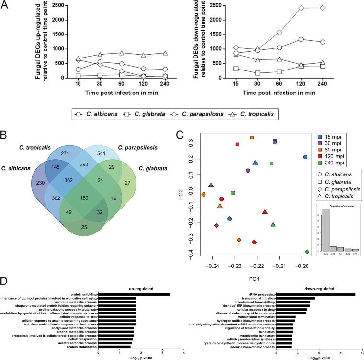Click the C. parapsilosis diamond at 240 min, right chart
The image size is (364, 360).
[x=323, y=8]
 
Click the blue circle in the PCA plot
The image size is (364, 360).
[x=305, y=157]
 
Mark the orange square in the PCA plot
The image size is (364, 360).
[x=252, y=138]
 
